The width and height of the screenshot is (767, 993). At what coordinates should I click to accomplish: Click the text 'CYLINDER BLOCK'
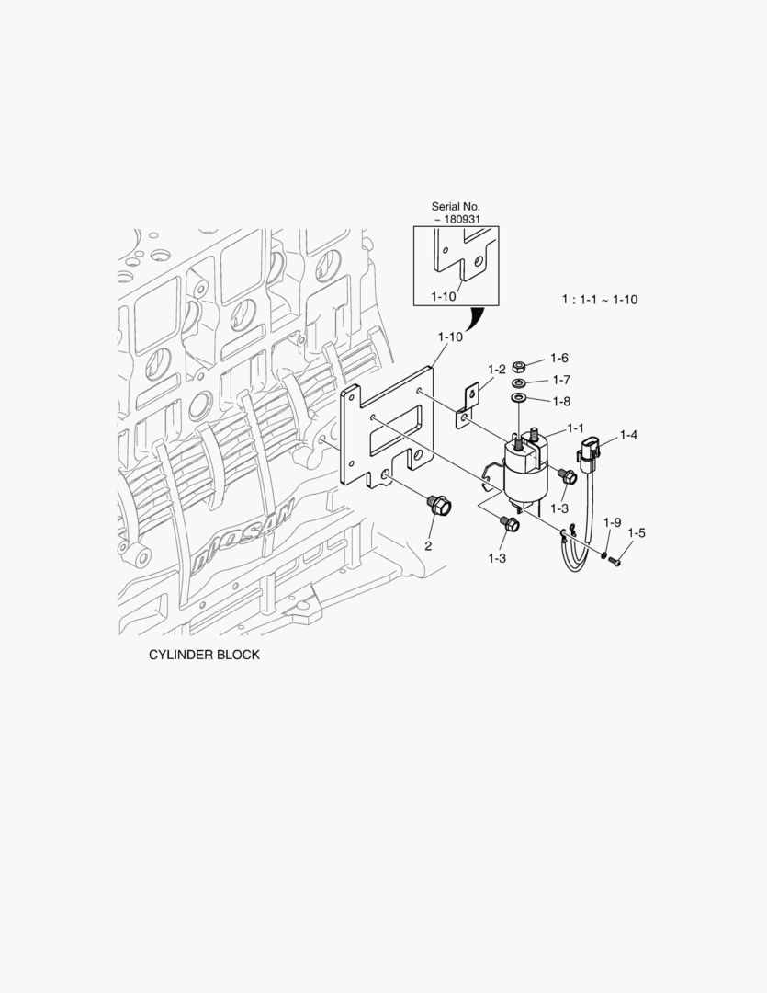tap(204, 656)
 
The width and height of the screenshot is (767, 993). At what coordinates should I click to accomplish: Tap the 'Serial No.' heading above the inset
tap(456, 207)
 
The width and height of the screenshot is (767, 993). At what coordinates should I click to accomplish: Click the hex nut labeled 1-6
tap(519, 365)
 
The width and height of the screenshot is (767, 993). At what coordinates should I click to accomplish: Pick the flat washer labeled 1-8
tap(519, 398)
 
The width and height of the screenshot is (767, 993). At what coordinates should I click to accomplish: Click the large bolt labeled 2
tap(438, 506)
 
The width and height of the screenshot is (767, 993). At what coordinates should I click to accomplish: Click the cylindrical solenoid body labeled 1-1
tap(524, 469)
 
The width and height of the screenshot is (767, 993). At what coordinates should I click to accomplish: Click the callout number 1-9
tap(613, 522)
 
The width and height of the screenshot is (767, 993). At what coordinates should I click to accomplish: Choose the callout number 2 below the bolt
tap(428, 546)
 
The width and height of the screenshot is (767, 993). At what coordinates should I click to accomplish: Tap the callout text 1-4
tap(628, 434)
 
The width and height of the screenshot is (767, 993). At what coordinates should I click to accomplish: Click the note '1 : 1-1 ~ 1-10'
tap(600, 300)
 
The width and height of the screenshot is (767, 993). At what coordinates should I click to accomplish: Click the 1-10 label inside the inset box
tap(443, 295)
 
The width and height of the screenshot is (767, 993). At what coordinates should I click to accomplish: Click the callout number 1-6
tap(559, 358)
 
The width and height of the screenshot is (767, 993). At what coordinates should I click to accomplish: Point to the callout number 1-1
tap(576, 428)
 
